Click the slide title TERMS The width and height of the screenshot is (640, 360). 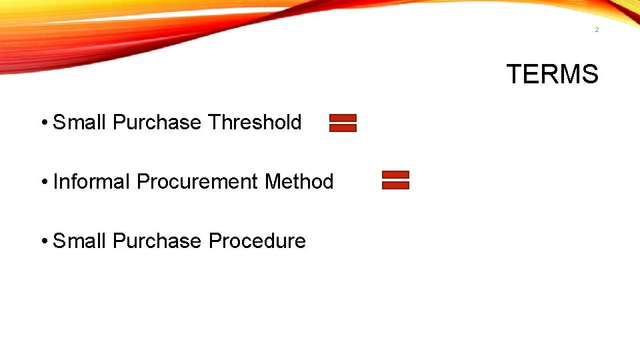click(x=552, y=74)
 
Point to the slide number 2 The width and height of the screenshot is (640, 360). click(x=597, y=30)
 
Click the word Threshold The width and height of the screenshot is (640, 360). click(x=255, y=123)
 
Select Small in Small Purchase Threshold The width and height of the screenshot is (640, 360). click(x=80, y=123)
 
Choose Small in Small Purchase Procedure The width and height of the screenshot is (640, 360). click(x=80, y=241)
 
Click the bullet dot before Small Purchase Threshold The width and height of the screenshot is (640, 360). click(x=43, y=123)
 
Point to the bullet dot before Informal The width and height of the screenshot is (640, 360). click(x=43, y=182)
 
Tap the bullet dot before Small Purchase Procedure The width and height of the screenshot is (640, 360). click(x=43, y=241)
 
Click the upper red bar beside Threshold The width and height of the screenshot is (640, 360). click(x=343, y=118)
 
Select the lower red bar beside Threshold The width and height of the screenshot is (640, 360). click(x=343, y=128)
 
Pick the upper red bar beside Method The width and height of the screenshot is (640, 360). click(x=395, y=175)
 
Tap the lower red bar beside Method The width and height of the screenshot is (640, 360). click(x=395, y=185)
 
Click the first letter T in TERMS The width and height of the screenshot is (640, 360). click(x=515, y=74)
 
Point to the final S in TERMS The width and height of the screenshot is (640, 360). click(x=589, y=74)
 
